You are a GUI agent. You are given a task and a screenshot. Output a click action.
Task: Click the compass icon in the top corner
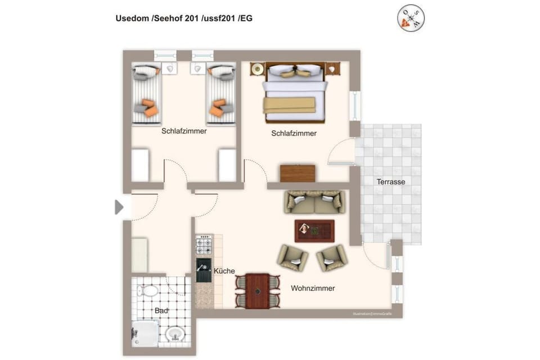pos(411,19)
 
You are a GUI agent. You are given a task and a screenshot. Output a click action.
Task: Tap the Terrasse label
pos(391,182)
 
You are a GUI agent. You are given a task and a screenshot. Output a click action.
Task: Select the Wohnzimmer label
pos(313,288)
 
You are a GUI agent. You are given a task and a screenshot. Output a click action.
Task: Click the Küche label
pos(224,271)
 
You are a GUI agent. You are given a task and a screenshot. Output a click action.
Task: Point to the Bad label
pos(162,310)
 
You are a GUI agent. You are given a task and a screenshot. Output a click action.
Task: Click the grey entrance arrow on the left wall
pos(119,207)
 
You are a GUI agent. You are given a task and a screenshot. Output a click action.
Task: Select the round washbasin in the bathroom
pos(174,334)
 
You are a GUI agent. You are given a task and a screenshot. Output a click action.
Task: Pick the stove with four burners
pos(204,245)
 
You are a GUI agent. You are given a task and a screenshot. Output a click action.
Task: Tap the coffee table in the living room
pos(314,230)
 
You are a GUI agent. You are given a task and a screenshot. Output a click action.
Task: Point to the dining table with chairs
pos(258,291)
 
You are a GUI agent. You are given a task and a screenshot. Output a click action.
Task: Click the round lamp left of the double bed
pos(258,69)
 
